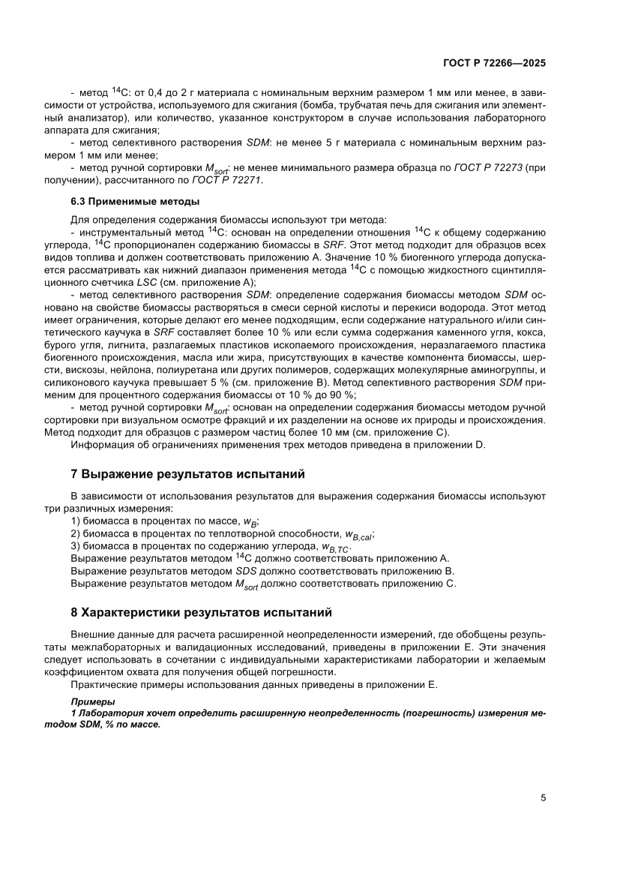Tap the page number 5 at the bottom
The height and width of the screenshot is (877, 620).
543,798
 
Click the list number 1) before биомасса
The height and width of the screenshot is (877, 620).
75,521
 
